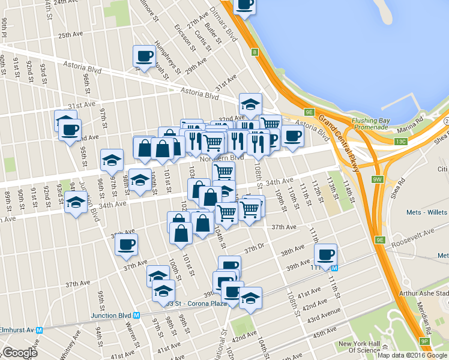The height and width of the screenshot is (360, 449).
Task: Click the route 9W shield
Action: pos(378,179)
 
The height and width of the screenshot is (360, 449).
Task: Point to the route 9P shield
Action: pos(424,341)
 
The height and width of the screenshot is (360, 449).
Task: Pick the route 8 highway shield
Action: pos(255,53)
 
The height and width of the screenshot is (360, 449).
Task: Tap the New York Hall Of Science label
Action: pos(360,347)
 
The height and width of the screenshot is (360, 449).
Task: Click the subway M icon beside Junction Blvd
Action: pos(137,315)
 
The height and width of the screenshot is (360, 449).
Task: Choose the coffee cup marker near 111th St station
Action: pos(325,253)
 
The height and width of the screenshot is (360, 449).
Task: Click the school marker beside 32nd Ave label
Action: pos(250,103)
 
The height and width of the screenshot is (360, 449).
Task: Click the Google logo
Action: pos(20,353)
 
